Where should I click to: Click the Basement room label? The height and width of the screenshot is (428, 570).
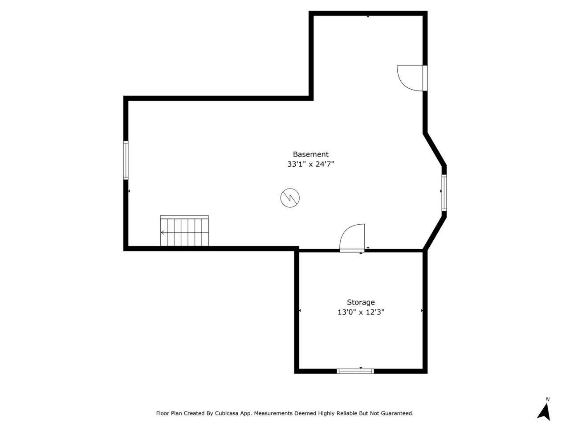[310, 154]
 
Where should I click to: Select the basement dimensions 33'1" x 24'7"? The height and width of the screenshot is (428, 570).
[310, 164]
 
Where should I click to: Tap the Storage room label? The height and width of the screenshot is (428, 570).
[361, 302]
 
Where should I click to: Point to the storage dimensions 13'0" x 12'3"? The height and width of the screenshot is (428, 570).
[361, 312]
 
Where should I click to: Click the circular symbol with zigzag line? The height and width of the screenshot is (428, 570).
[290, 198]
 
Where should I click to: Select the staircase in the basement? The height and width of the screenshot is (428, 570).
[184, 230]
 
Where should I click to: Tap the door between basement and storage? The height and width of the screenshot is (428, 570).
[352, 238]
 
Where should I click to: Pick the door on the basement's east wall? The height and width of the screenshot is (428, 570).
[412, 78]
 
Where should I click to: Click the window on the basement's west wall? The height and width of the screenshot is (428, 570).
[126, 160]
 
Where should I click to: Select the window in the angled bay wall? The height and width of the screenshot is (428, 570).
[444, 193]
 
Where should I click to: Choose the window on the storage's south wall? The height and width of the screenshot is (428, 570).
[355, 371]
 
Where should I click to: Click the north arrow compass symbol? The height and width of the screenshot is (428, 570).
[544, 412]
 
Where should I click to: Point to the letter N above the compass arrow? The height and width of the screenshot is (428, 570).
[548, 399]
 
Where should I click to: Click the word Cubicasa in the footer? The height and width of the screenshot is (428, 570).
[226, 413]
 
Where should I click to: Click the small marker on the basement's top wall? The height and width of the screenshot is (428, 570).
[368, 16]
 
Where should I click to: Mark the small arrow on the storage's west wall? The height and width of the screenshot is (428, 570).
[300, 311]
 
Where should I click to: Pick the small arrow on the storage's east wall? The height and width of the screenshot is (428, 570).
[422, 311]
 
